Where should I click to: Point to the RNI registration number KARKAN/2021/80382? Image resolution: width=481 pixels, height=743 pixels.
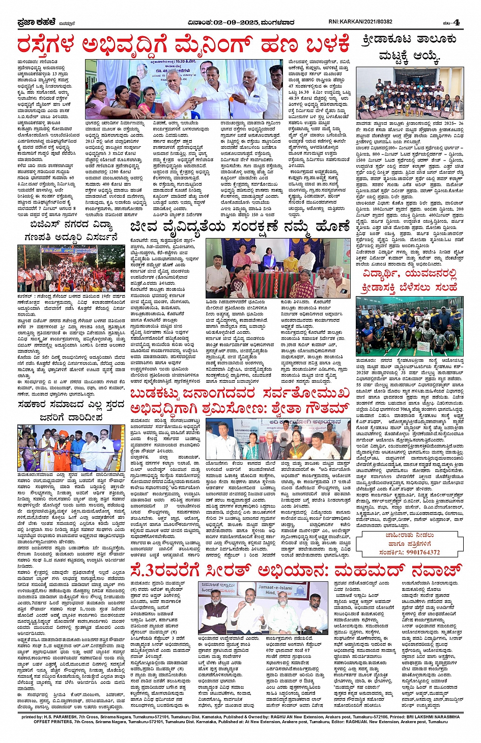point(360,22)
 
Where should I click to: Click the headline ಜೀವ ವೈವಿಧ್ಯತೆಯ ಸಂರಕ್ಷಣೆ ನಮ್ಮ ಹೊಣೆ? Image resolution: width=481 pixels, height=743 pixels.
point(240,226)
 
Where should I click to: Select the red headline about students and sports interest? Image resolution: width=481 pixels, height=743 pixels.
point(409,281)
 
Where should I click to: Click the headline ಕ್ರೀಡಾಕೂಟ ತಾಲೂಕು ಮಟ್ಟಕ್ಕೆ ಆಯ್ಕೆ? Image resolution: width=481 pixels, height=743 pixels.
point(409,47)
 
